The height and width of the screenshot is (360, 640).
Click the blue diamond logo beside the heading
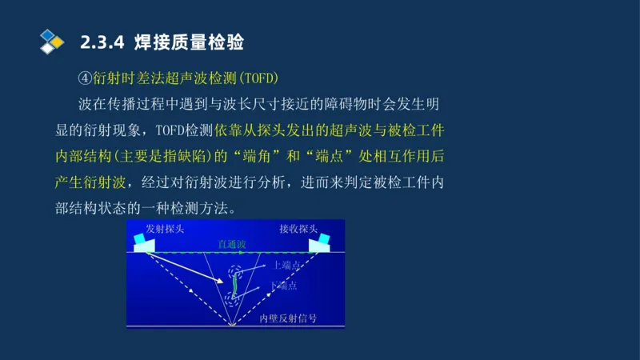point(52,39)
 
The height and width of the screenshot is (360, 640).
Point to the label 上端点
point(286,266)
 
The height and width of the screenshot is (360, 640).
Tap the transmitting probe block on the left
point(146,243)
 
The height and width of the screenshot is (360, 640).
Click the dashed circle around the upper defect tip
point(236,271)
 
